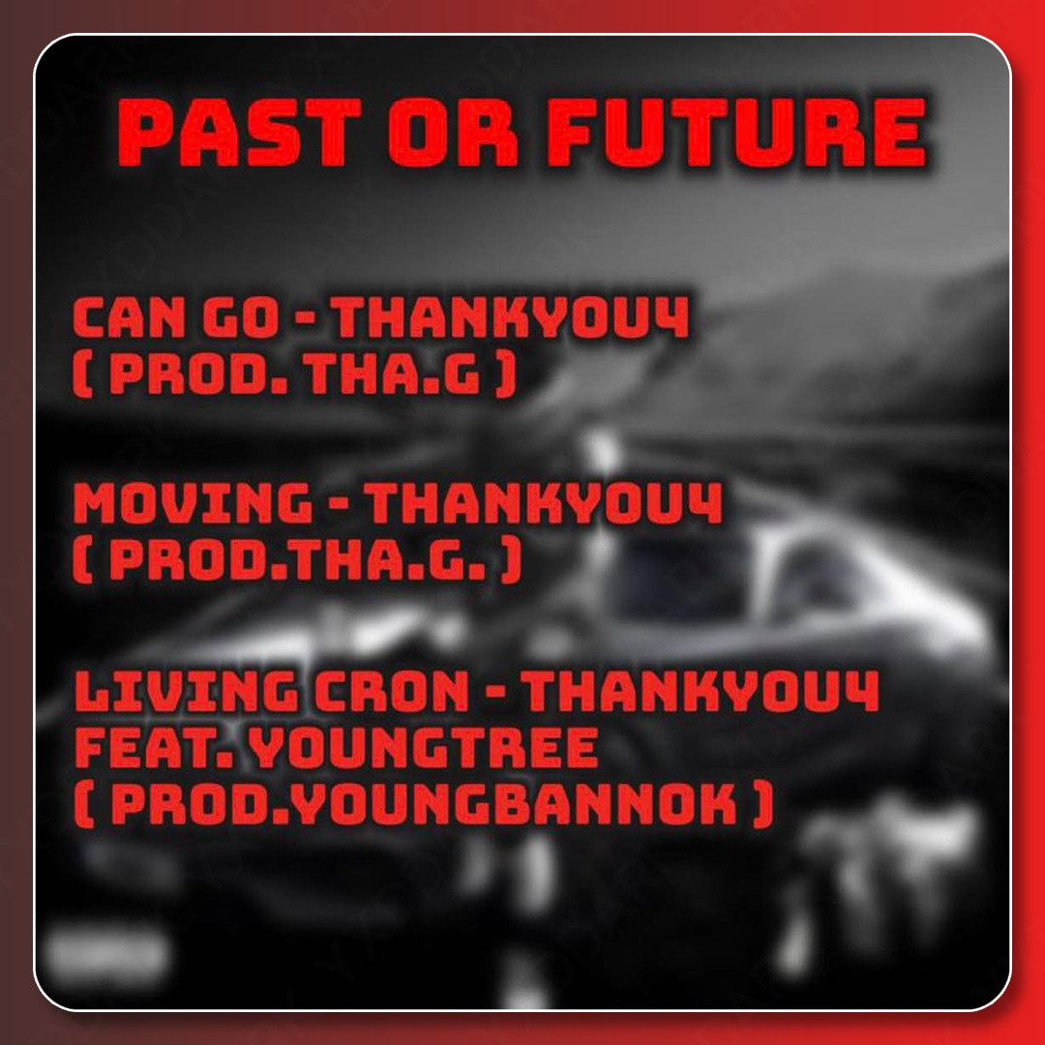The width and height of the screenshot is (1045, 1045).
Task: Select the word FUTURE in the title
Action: [x=736, y=133]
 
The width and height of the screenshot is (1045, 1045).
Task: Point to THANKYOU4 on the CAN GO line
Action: [x=511, y=317]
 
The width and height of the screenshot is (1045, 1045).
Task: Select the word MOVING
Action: [x=193, y=502]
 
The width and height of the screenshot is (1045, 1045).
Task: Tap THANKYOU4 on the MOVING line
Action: [x=544, y=502]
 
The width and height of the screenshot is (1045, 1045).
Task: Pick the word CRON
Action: [x=392, y=691]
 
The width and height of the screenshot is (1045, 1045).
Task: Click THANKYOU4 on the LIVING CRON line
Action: [x=700, y=691]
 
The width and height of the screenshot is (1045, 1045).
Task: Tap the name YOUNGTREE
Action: [x=423, y=748]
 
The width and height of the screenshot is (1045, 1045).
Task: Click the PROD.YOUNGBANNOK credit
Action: [x=424, y=805]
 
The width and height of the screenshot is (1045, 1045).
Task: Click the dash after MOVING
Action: [x=339, y=504]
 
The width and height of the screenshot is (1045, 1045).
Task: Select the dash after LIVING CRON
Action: [x=495, y=693]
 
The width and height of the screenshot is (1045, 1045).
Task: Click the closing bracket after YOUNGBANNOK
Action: [x=763, y=805]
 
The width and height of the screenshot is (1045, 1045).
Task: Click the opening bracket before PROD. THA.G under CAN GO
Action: [x=82, y=374]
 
